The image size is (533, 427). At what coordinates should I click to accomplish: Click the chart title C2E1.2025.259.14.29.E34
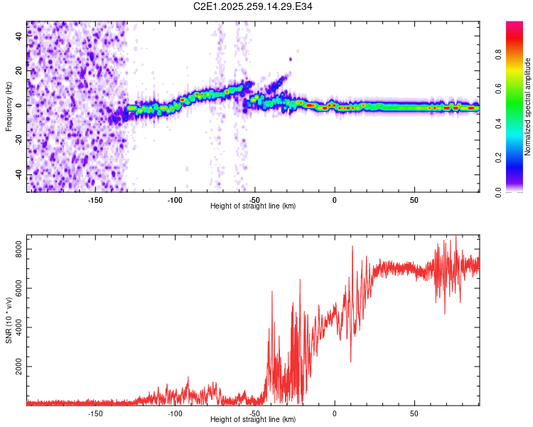tap(254, 6)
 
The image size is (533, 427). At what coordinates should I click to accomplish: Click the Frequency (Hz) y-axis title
tap(8, 106)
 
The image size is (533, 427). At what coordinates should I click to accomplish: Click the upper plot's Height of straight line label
tap(253, 206)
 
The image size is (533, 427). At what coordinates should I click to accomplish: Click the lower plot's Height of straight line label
tap(253, 419)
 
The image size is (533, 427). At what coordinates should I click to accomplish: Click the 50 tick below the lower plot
tap(414, 412)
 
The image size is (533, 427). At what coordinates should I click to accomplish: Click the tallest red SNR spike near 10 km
tap(352, 247)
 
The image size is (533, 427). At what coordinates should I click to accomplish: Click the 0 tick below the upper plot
tap(334, 199)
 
